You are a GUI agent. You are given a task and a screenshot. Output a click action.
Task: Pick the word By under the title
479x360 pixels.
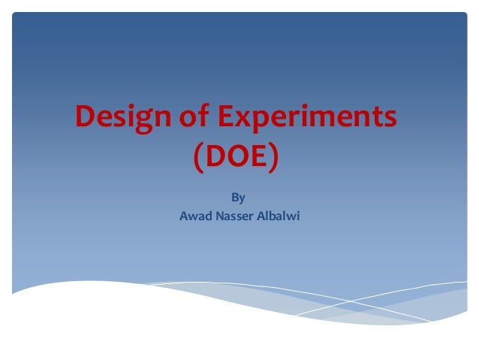coord(238,198)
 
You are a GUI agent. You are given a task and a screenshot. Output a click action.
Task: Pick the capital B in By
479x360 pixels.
coord(235,198)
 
